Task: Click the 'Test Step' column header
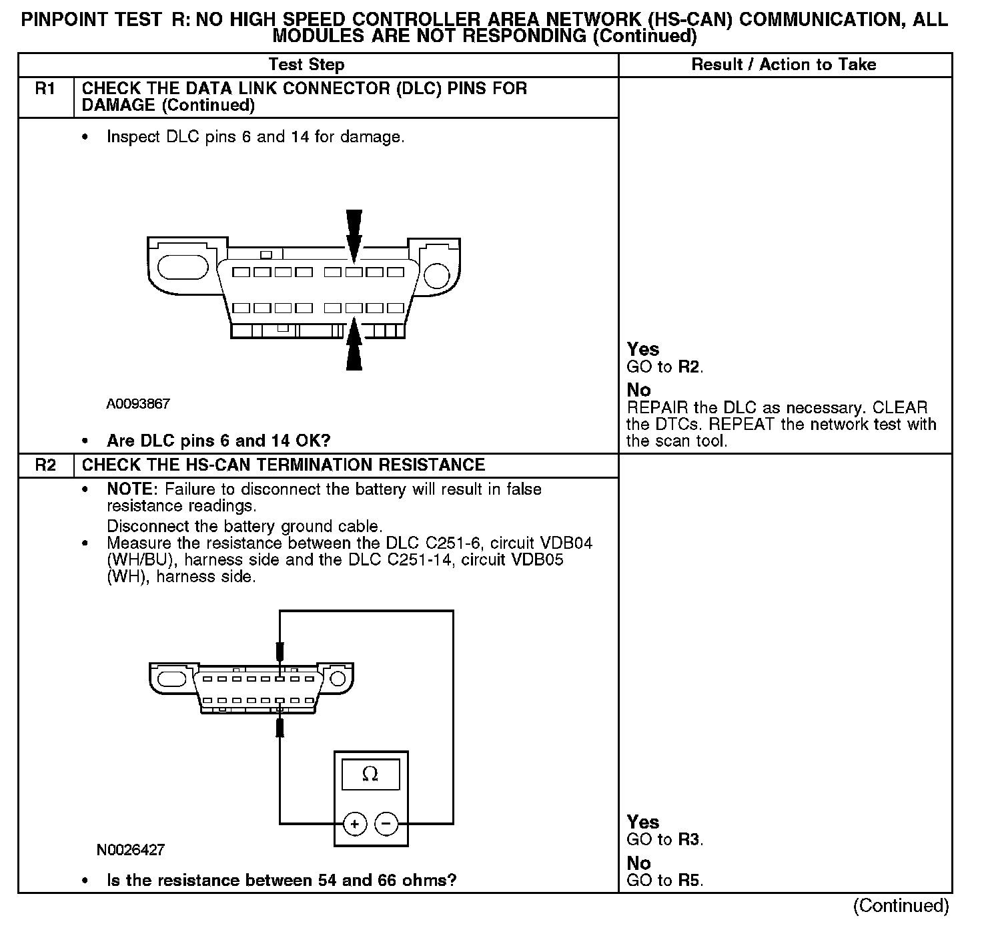306,65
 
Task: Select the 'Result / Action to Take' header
783,65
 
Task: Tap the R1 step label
45,89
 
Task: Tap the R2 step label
45,465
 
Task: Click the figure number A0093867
138,404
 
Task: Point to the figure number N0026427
131,850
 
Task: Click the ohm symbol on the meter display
370,774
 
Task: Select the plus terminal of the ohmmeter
355,824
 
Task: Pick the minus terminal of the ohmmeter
387,824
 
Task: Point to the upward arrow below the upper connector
354,344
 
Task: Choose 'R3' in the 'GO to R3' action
690,840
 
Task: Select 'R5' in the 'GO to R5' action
690,881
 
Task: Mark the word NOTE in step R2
130,489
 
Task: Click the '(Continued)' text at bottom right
900,906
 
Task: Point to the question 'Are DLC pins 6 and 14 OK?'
219,441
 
